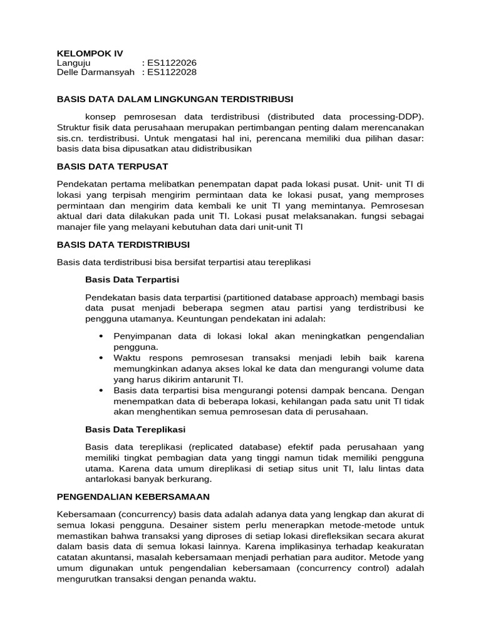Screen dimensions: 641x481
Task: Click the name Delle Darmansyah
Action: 95,73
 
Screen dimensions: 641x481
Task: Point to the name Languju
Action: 74,63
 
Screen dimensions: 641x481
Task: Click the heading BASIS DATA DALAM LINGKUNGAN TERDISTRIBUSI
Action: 175,99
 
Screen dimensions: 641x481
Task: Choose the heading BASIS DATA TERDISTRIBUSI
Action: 123,244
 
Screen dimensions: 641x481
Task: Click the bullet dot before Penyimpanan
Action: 101,336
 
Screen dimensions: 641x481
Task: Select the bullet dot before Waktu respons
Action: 101,357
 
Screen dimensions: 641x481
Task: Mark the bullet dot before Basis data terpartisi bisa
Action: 101,389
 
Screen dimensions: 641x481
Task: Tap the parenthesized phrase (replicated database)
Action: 232,447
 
